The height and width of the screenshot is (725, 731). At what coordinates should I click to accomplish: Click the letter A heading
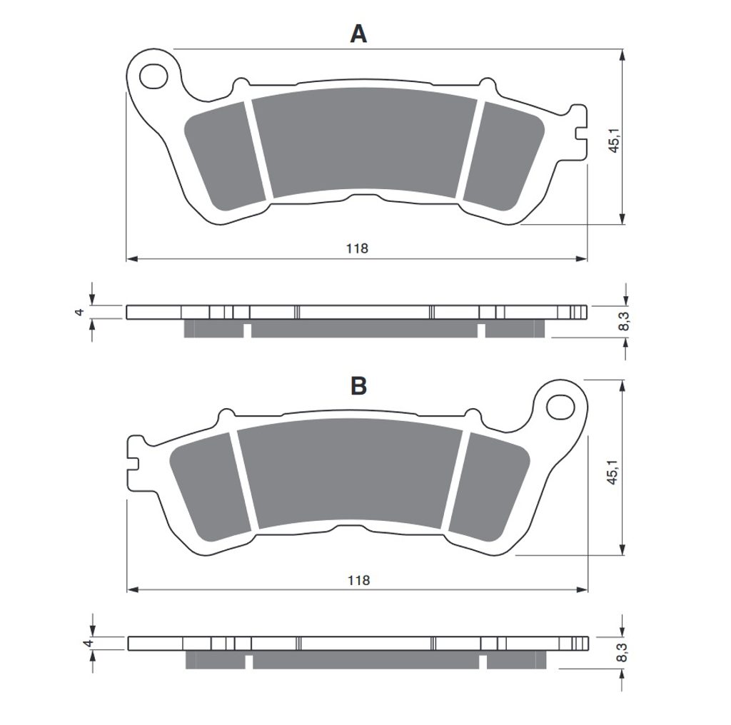(358, 34)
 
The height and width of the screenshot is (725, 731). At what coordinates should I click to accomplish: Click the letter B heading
(358, 386)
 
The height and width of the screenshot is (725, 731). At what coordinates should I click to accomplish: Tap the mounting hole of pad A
(153, 76)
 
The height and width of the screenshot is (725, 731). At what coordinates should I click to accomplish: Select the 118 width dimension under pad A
(357, 248)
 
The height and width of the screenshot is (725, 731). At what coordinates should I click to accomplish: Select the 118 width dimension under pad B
(358, 580)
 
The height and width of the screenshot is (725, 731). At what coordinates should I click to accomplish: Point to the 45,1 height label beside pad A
(614, 139)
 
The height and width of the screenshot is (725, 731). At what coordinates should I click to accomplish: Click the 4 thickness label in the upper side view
(80, 312)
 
